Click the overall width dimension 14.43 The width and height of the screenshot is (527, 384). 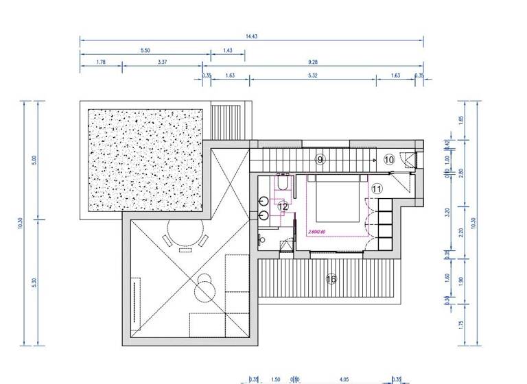pos(251,32)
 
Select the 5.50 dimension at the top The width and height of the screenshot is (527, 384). pos(145,51)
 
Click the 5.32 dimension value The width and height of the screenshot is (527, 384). pos(312,75)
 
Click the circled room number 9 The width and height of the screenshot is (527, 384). pos(320,159)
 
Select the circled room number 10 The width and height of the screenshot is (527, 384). pos(389,159)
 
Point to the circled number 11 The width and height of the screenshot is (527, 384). pos(376,188)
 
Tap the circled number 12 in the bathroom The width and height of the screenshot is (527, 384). pos(283,206)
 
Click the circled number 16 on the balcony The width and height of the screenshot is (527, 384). pos(331,279)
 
